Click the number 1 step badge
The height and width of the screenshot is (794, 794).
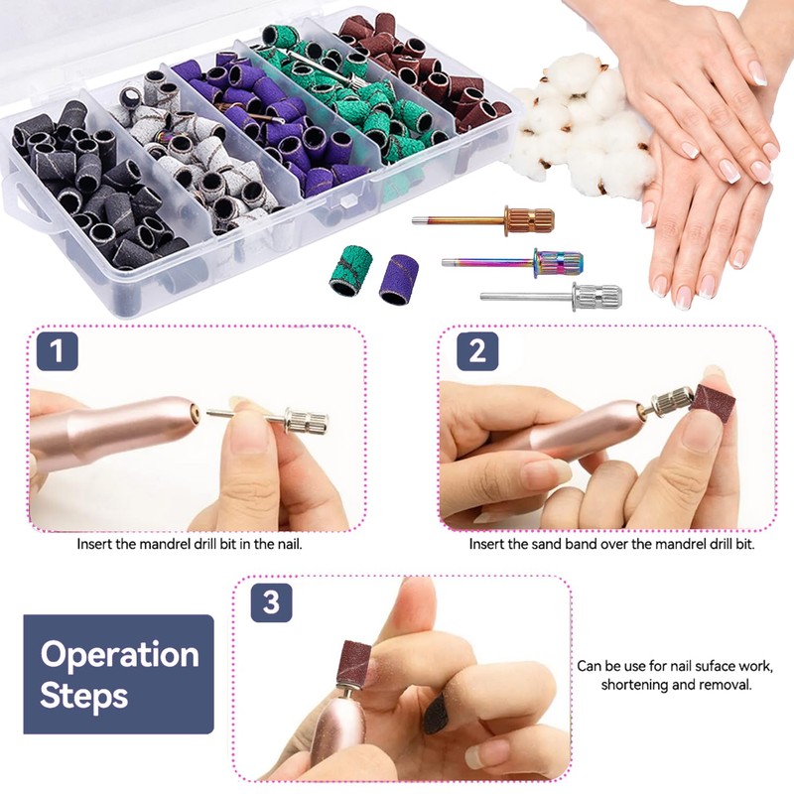[x=58, y=351]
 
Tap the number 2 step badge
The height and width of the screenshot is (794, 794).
[x=477, y=351]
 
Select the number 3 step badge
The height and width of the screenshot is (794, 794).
[x=271, y=602]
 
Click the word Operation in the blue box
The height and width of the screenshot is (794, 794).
[x=119, y=655]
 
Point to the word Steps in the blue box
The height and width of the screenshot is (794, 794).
[x=84, y=697]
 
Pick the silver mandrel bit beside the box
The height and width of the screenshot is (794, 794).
[x=552, y=297]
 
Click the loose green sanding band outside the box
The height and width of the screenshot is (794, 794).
[x=349, y=269]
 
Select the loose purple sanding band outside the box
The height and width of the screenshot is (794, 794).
[x=399, y=279]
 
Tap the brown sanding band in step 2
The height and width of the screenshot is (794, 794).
[x=714, y=405]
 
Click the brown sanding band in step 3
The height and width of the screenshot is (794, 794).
[x=357, y=663]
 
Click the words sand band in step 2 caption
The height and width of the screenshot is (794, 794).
[x=563, y=544]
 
